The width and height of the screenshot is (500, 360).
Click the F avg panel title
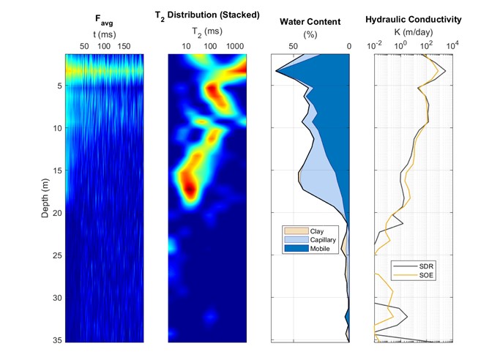[104, 20]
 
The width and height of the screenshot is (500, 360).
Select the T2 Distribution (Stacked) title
[207, 15]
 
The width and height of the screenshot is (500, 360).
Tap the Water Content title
[310, 22]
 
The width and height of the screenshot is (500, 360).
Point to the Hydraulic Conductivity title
[414, 20]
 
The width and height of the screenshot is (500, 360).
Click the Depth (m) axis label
[45, 198]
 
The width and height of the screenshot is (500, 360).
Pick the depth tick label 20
[57, 213]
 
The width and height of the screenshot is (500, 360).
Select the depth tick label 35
[57, 340]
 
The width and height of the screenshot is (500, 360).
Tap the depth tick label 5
[59, 86]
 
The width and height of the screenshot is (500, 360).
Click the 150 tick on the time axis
[124, 46]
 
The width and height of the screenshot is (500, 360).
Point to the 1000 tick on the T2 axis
[235, 46]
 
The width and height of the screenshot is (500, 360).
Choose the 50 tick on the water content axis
[294, 46]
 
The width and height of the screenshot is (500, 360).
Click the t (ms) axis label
[104, 34]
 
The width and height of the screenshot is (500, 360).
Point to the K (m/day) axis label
[414, 32]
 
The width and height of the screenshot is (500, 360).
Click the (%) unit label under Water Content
[310, 34]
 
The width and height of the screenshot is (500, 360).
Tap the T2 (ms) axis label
[207, 31]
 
